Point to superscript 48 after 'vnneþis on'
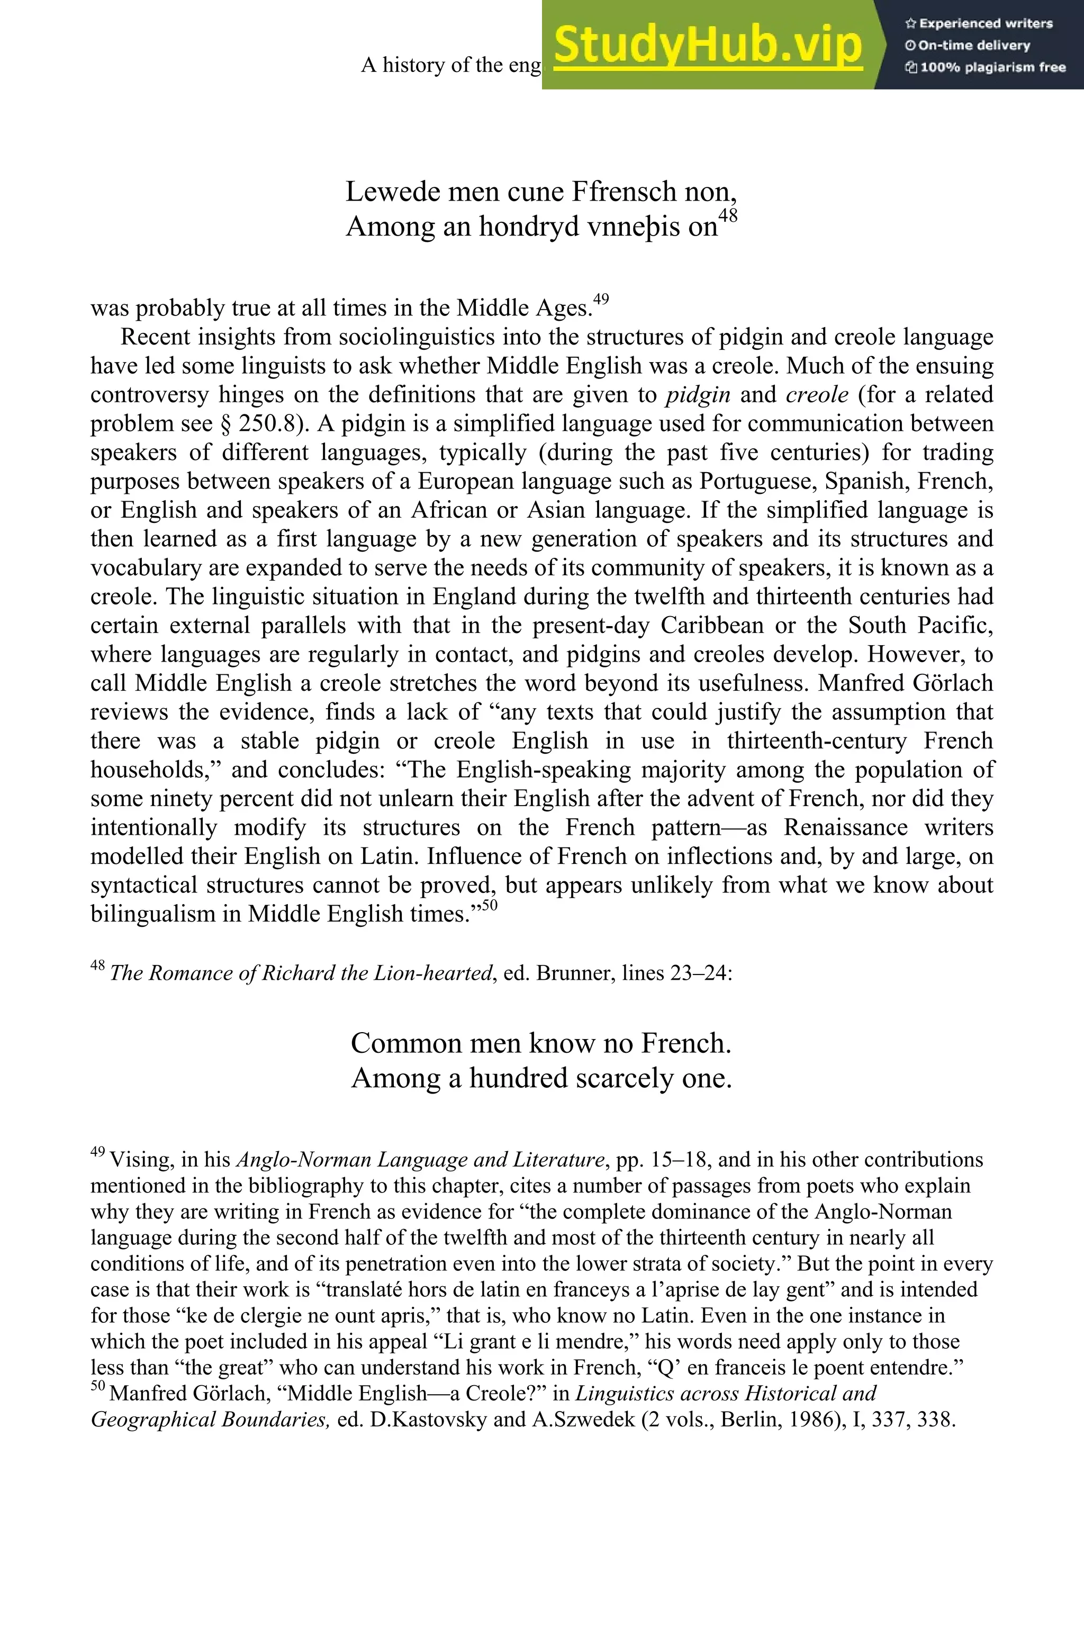tap(728, 216)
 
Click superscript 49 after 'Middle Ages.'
tap(601, 300)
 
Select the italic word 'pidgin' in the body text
tap(698, 395)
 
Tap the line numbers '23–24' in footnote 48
tap(699, 973)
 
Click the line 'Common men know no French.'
tap(541, 1043)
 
